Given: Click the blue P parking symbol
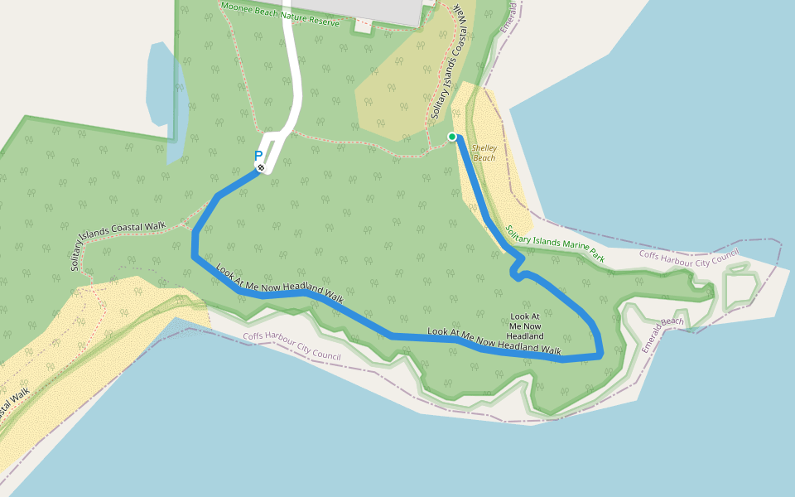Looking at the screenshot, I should click(258, 155).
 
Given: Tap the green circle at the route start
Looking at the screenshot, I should click(452, 136).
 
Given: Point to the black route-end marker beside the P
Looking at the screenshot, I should click(261, 167).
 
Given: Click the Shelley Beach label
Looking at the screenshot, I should click(484, 152).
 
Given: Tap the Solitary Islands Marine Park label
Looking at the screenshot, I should click(555, 244).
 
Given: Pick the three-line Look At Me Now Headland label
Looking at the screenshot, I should click(526, 326).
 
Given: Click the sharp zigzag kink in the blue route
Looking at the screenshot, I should click(517, 267).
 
